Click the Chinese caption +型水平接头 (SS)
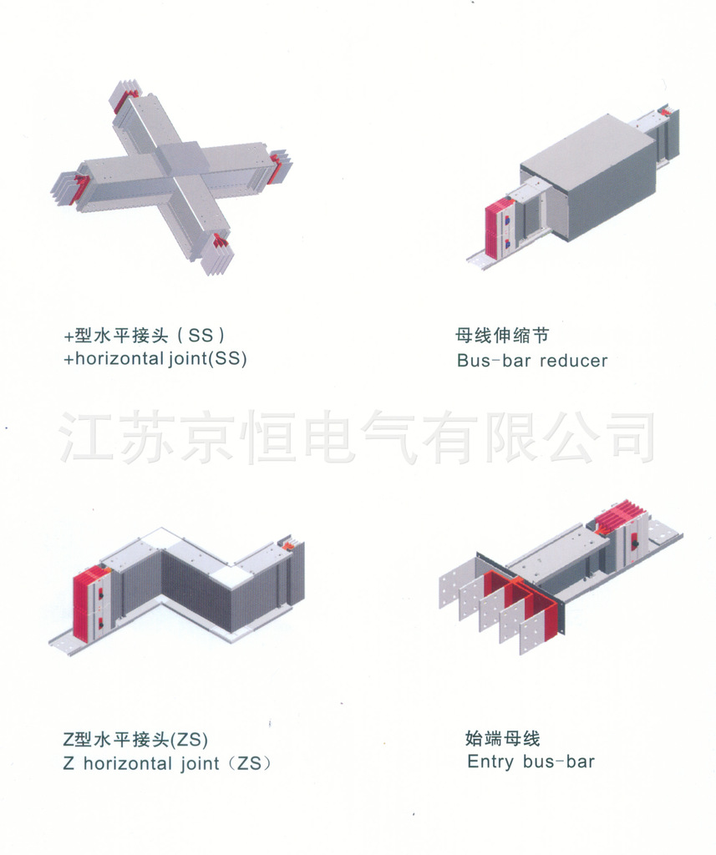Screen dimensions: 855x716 (x=145, y=336)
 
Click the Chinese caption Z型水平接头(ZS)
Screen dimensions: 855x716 (x=135, y=739)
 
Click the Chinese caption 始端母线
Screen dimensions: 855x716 (x=502, y=738)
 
